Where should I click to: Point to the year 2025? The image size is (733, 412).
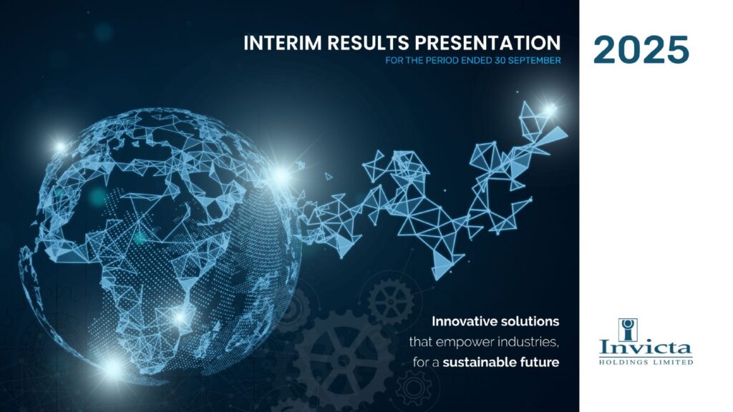[x=641, y=49]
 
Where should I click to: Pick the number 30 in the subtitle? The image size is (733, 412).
[x=500, y=61]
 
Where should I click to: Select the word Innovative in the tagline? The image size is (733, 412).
[x=464, y=321]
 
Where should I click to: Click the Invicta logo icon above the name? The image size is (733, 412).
[x=627, y=330]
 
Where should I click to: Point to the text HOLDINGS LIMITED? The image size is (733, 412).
[x=646, y=362]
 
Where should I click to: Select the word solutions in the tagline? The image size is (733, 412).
[x=530, y=321]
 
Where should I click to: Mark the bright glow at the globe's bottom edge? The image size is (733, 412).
[x=114, y=368]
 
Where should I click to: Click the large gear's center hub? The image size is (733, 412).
[x=344, y=360]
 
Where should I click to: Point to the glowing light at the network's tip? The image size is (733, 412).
[x=550, y=110]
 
